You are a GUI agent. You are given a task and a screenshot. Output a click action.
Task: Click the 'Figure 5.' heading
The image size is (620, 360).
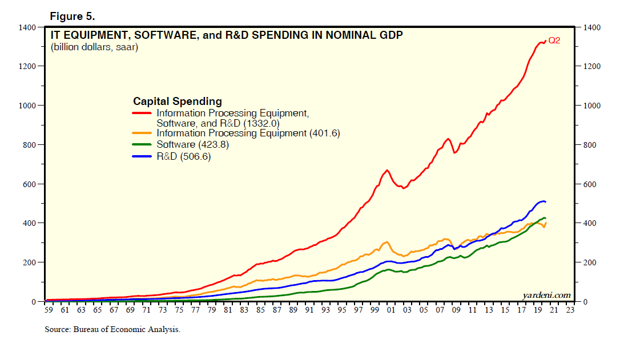[x=73, y=16]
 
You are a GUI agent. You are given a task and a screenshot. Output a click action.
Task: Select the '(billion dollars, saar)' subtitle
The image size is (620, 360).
[x=95, y=47]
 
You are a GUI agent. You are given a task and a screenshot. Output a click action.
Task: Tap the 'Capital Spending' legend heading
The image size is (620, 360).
[x=178, y=102]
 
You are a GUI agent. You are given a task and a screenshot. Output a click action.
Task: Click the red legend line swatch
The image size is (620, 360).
[x=142, y=113]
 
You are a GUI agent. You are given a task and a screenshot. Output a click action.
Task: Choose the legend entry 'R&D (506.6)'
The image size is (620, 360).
[x=184, y=157]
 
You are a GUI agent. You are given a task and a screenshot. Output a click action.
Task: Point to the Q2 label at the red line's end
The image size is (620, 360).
[x=554, y=41]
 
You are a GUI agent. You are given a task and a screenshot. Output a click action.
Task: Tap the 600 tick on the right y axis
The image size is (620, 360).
[x=589, y=184]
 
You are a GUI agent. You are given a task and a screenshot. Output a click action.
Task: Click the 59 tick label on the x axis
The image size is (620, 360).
[x=49, y=310]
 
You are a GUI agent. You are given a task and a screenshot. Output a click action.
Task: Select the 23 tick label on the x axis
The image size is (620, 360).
[x=570, y=310]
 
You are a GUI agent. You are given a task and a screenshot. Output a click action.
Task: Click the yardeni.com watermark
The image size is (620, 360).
[x=546, y=295]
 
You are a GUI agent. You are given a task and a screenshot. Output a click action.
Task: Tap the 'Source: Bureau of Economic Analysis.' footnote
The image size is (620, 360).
[x=112, y=329]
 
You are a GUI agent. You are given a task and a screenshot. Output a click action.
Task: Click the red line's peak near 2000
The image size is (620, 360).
[x=387, y=170]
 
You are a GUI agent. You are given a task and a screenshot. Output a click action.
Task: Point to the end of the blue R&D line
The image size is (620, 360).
[x=545, y=201]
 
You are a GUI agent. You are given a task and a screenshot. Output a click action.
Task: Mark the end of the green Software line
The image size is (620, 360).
[x=545, y=218]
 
